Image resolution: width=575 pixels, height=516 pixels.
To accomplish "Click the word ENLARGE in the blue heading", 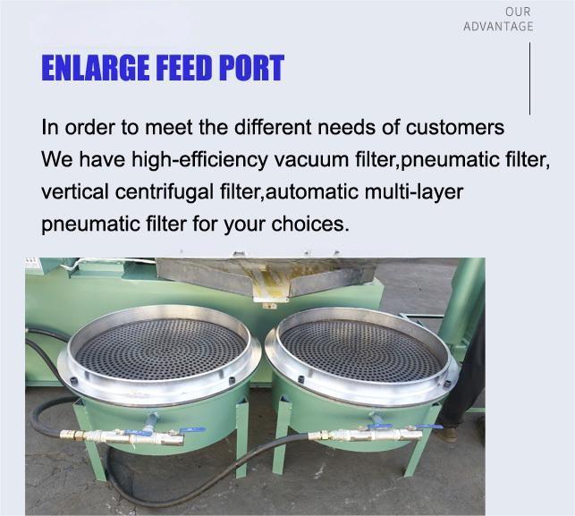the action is pos(96,68).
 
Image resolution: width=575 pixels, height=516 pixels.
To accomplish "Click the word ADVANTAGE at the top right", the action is pos(498,27).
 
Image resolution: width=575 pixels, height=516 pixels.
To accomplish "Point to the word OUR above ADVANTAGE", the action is pos(518,12).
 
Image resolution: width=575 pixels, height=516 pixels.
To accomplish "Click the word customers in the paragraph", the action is pos(454,128).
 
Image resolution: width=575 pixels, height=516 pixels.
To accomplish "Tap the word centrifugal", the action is pos(164,192).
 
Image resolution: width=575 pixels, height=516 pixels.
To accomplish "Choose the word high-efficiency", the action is pos(199,160).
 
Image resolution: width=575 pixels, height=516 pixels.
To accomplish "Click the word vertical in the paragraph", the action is pos(75,191).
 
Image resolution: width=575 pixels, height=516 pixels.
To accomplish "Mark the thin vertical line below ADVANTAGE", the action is pos(529,79).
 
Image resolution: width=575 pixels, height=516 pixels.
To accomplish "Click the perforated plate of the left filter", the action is pos(161,349).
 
